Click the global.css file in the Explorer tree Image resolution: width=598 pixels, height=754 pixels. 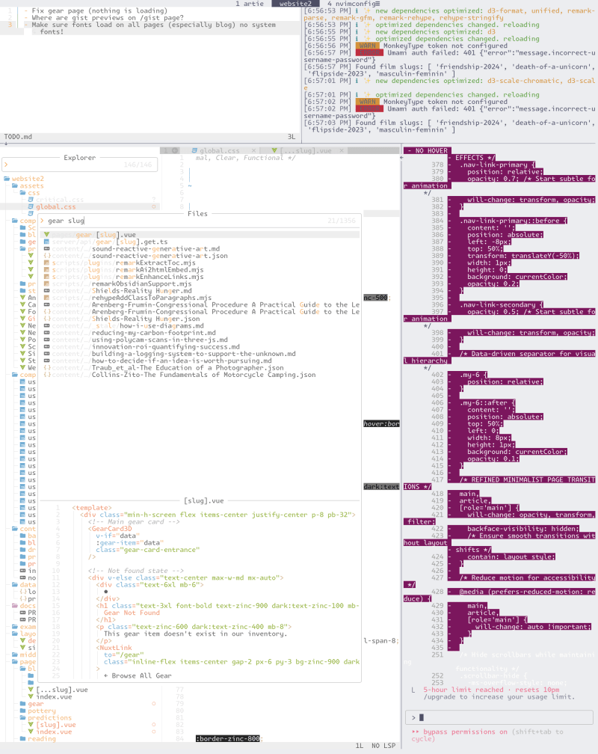coord(56,206)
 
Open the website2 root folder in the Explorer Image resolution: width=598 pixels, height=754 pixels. coord(28,179)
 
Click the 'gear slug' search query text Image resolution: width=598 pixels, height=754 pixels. coord(66,221)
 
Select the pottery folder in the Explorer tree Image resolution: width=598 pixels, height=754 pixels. coord(42,711)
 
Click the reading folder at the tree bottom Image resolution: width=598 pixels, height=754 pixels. coord(42,739)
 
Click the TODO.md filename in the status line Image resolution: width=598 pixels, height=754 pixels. coord(19,137)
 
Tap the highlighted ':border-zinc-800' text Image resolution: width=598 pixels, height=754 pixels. coord(228,739)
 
